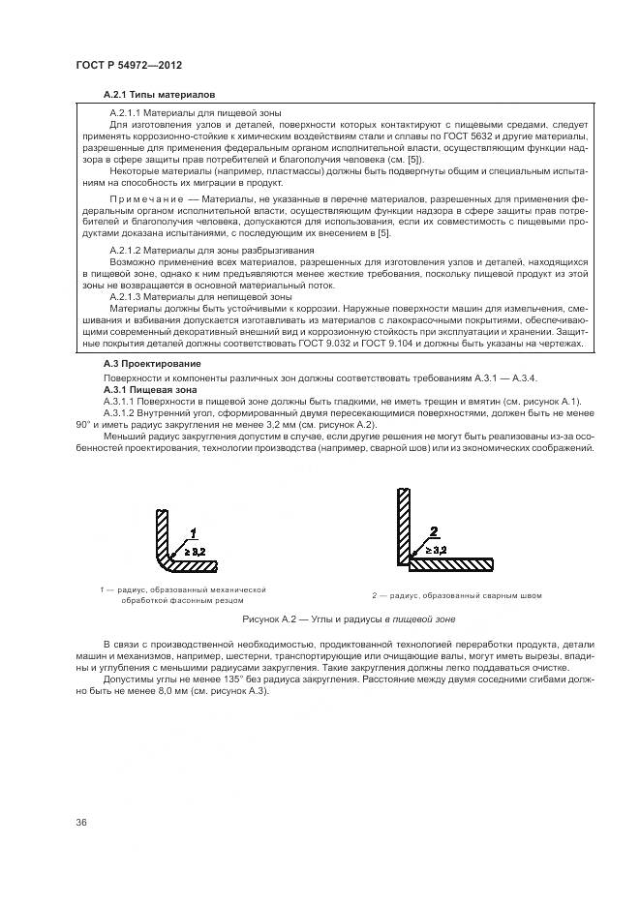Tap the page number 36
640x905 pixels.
tap(81, 823)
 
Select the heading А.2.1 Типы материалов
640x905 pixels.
tap(159, 95)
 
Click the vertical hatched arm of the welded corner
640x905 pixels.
tap(398, 523)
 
